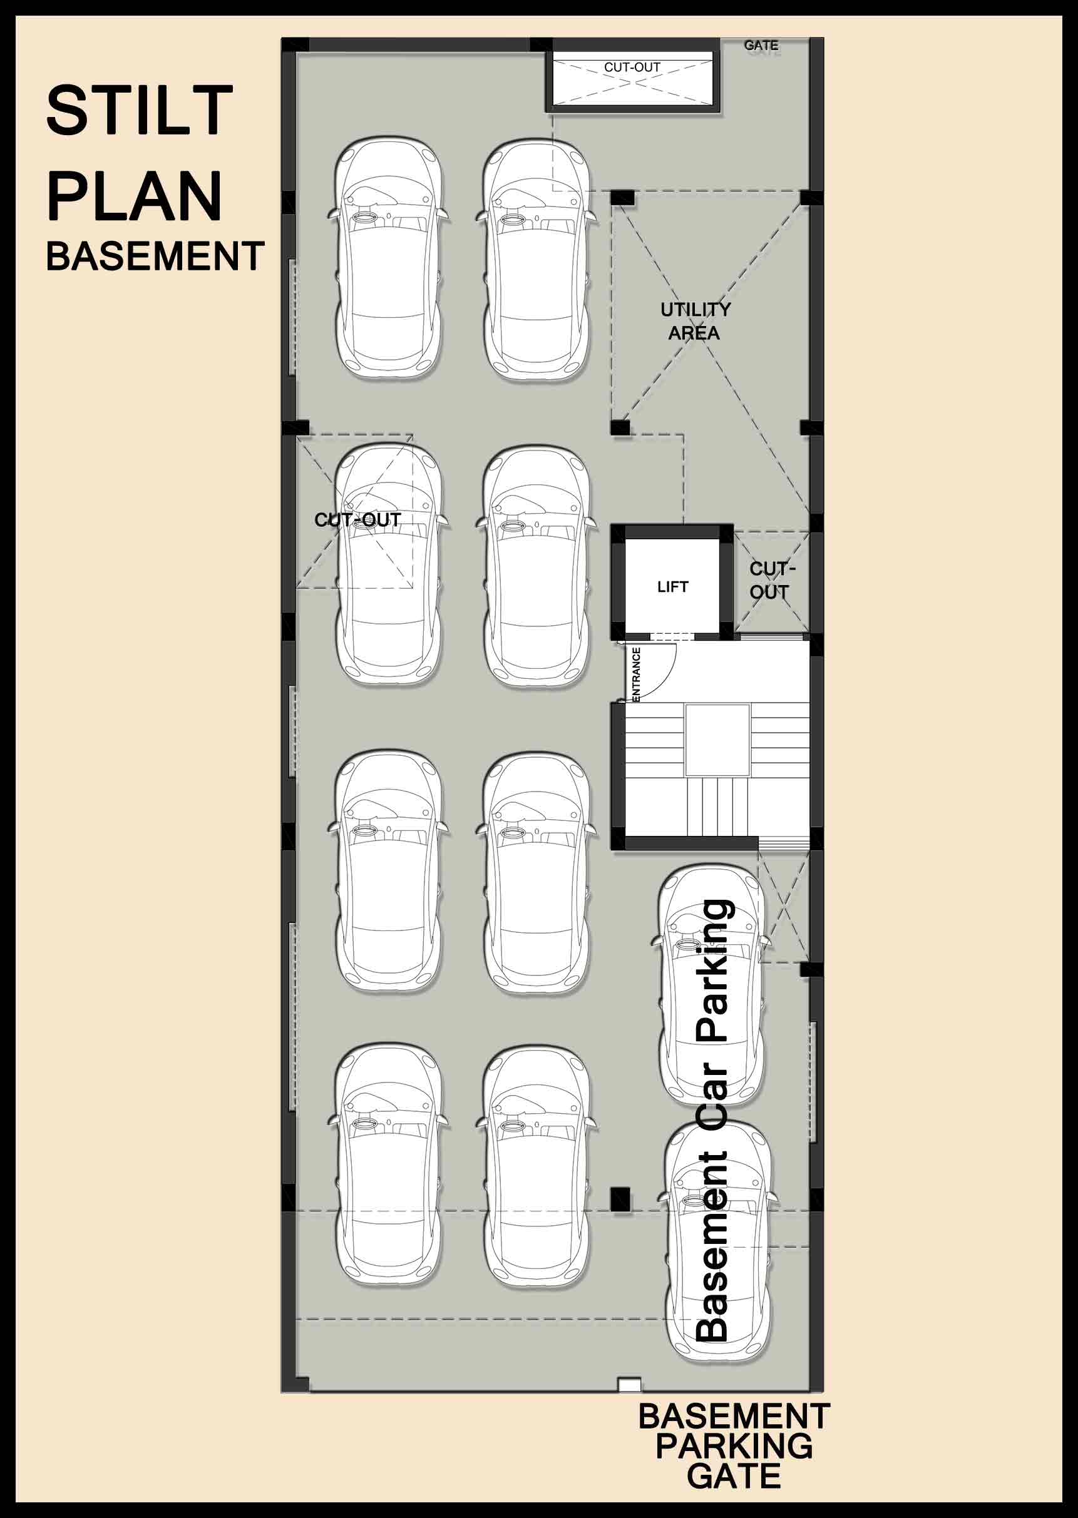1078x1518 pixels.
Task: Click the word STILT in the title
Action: click(140, 110)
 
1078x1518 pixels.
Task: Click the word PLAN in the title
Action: click(134, 196)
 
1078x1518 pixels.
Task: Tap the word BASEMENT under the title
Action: click(155, 257)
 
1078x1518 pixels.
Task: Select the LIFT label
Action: click(672, 586)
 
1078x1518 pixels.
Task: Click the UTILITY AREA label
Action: click(695, 321)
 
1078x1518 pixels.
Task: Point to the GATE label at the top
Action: click(761, 46)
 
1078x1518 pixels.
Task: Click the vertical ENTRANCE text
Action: click(636, 673)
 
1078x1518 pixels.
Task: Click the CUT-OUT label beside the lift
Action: click(771, 581)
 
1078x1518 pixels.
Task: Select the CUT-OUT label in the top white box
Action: click(632, 68)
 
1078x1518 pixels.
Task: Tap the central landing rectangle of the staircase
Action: click(717, 740)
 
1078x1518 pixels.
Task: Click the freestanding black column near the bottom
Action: click(620, 1200)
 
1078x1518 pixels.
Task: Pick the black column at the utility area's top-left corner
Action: click(622, 198)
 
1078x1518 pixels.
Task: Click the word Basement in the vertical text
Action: click(712, 1246)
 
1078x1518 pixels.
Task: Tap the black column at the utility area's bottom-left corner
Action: click(620, 427)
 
